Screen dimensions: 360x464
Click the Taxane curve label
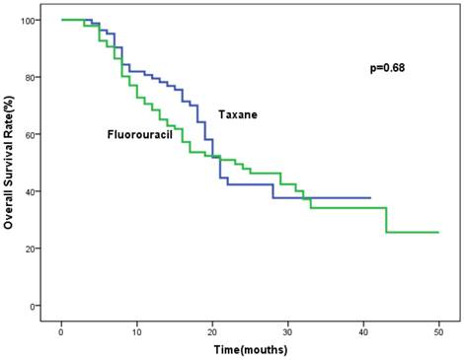[238, 114]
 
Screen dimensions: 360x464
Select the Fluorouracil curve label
[140, 133]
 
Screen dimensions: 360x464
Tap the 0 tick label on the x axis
[61, 327]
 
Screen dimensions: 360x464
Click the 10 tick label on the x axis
[137, 327]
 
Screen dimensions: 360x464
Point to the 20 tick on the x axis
[212, 327]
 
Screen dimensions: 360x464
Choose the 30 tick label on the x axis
[288, 327]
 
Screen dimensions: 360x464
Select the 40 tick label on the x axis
[363, 327]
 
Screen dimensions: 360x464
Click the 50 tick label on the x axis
[439, 327]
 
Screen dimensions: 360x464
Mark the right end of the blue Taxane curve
[370, 198]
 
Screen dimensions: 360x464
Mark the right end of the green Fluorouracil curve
[438, 233]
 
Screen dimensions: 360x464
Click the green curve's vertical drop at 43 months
[386, 220]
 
